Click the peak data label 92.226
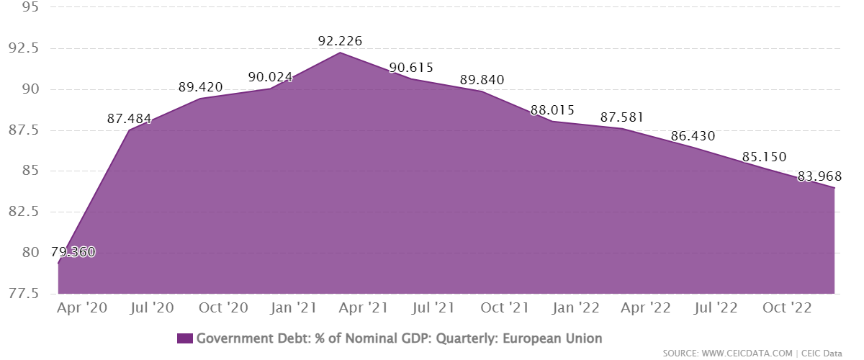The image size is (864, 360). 340,42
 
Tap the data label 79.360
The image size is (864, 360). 73,253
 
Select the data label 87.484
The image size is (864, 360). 129,119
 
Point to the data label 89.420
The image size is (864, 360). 201,88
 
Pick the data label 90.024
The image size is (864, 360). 270,77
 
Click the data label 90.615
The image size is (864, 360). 411,68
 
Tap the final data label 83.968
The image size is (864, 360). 820,176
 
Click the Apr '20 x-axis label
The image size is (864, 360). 82,308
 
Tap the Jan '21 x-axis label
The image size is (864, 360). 294,308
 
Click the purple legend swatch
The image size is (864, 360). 184,338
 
